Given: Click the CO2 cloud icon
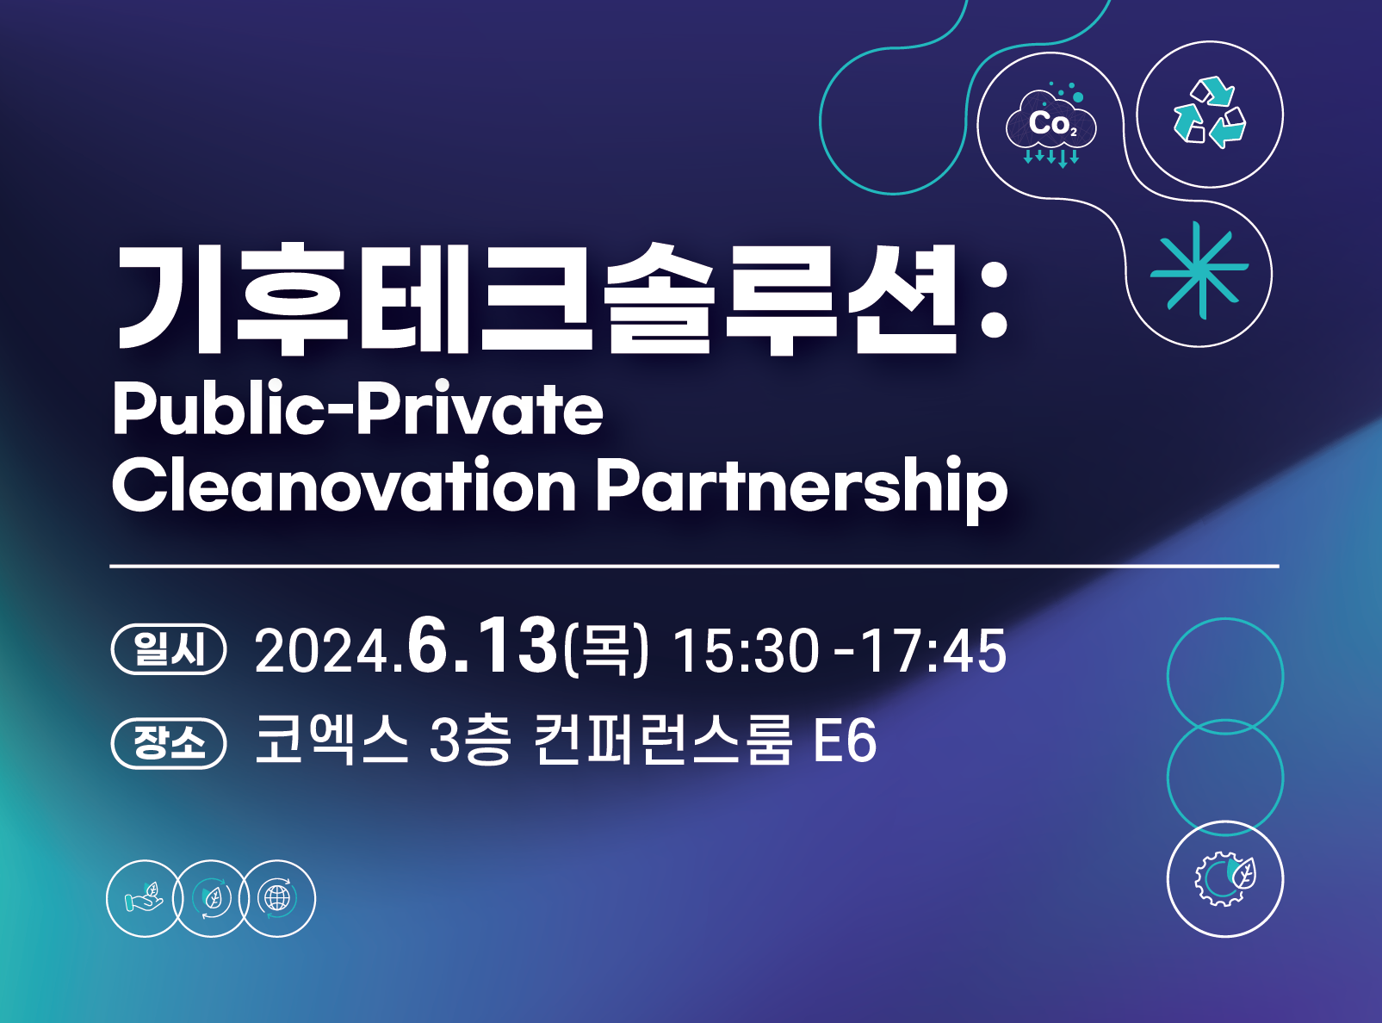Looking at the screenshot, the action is tap(1051, 125).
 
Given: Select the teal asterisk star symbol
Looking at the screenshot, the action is tap(1199, 270).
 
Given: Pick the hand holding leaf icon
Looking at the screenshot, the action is tap(143, 897).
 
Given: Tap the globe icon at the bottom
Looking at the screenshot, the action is tap(277, 897).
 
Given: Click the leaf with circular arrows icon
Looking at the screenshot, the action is tap(211, 897).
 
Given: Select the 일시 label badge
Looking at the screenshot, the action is tap(168, 649).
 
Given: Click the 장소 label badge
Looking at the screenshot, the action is tap(168, 743).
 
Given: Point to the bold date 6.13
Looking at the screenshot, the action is tap(481, 645).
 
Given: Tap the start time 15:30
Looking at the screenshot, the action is tap(747, 651).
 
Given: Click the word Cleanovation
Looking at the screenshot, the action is tap(344, 485).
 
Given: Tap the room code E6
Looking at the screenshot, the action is tap(845, 741).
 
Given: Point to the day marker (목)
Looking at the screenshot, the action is tap(605, 651).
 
